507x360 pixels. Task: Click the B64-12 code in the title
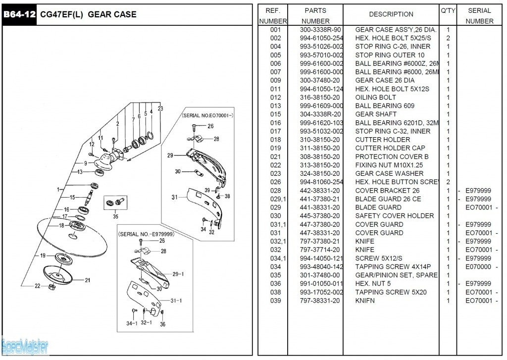click(19, 14)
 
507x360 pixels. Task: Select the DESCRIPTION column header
click(391, 14)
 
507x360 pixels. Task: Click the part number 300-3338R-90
click(320, 30)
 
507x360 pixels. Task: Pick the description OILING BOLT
click(375, 98)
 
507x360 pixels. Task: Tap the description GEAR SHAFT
click(376, 114)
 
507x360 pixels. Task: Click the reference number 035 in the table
click(275, 275)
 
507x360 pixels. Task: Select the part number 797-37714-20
click(320, 250)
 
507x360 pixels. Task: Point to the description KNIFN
click(365, 301)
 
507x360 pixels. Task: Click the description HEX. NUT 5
click(373, 284)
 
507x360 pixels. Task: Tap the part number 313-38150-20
click(320, 165)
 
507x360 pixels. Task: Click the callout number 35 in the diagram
click(115, 216)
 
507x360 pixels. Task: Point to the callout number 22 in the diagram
click(38, 286)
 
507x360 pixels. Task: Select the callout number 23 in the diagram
click(160, 108)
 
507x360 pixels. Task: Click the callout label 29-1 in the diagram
click(178, 274)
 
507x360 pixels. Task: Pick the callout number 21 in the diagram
click(88, 280)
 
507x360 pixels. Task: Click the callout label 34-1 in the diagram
click(132, 323)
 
